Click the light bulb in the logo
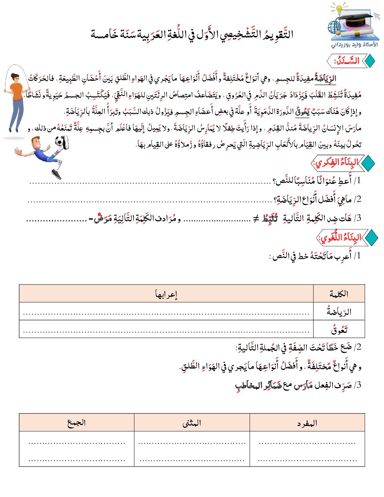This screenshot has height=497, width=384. [340, 9]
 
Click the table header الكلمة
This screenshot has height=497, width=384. [339, 294]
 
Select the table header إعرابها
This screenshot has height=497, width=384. [166, 294]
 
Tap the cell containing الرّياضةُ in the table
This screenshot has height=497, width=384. [339, 312]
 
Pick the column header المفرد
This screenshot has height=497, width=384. [307, 423]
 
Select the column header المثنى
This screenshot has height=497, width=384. [192, 423]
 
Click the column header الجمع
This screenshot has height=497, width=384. [77, 423]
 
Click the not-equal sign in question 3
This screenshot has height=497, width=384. [256, 219]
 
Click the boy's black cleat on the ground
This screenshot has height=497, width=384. [56, 174]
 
